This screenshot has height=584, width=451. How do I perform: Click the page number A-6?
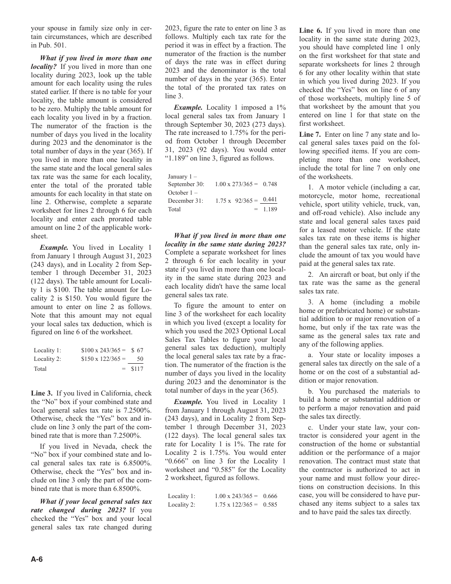[37, 559]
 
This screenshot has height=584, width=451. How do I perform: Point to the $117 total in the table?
[137, 368]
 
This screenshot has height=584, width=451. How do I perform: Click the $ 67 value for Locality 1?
[137, 350]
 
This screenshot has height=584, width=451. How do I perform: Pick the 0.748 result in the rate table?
[270, 184]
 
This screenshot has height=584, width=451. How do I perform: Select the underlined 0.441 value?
[270, 200]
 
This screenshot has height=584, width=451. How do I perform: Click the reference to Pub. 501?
[56, 46]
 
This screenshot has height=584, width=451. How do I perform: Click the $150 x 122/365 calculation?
[103, 359]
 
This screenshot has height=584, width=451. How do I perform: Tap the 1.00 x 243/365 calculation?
[236, 496]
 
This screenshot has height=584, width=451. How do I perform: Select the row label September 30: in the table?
[186, 184]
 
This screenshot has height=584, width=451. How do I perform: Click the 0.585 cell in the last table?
[270, 505]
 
